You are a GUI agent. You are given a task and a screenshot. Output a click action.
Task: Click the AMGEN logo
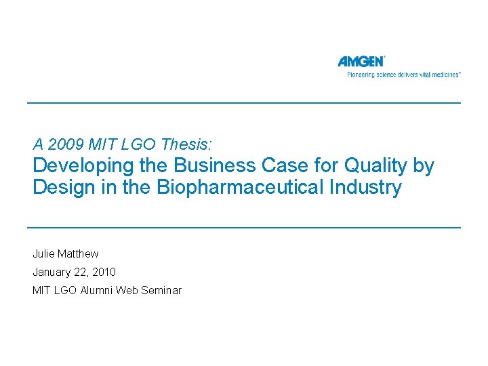tap(361, 61)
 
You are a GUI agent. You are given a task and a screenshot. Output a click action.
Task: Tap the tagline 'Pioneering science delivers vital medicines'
tap(403, 75)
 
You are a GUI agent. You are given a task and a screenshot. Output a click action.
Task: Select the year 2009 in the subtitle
tap(65, 144)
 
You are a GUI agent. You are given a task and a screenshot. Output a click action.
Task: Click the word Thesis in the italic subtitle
tap(186, 144)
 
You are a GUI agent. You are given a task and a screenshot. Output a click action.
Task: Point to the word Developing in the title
tap(84, 166)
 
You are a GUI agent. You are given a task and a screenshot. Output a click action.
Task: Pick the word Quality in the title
tap(375, 166)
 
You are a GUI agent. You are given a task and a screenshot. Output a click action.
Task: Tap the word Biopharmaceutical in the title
tap(240, 187)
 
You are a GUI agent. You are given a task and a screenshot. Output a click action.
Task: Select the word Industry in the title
tap(365, 187)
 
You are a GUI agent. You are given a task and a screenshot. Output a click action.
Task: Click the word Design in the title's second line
tap(64, 187)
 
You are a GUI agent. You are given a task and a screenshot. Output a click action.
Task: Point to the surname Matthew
tap(79, 253)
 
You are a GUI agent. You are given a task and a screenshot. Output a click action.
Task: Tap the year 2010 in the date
tap(104, 272)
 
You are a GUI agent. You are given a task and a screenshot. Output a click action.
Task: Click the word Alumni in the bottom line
tap(96, 290)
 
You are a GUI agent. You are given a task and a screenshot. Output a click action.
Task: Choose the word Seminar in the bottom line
tap(161, 290)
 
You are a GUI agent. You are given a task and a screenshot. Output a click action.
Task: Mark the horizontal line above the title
tap(244, 103)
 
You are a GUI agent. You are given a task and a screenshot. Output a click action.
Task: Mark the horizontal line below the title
tap(244, 228)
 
